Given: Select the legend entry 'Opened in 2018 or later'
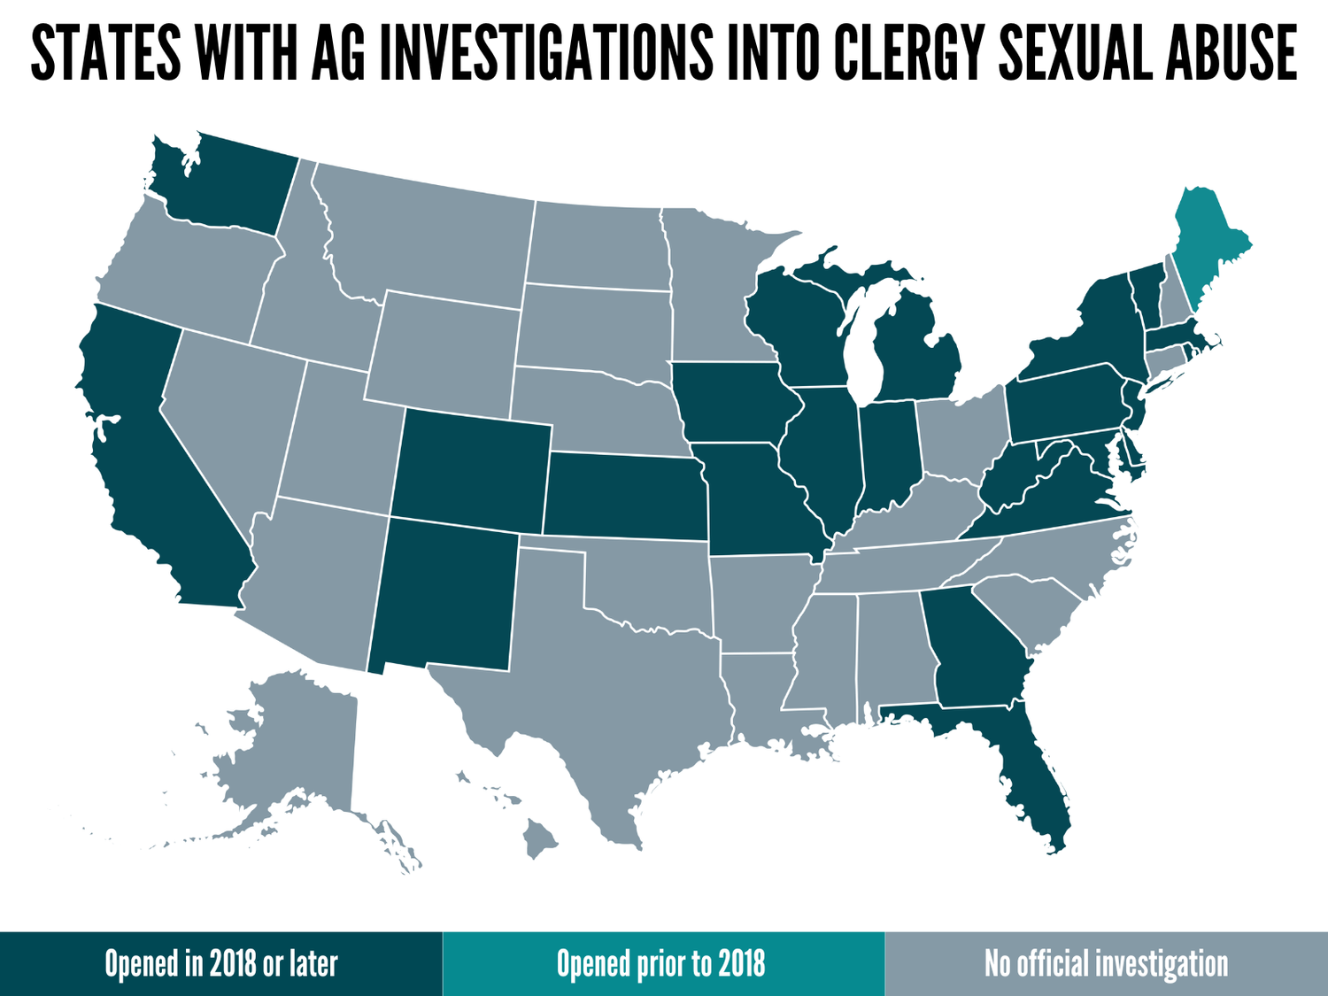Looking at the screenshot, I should tap(221, 964).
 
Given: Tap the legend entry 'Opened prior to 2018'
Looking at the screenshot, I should tap(661, 964).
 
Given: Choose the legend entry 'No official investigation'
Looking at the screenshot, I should tap(1107, 964).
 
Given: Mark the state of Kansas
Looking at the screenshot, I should tap(624, 496).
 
